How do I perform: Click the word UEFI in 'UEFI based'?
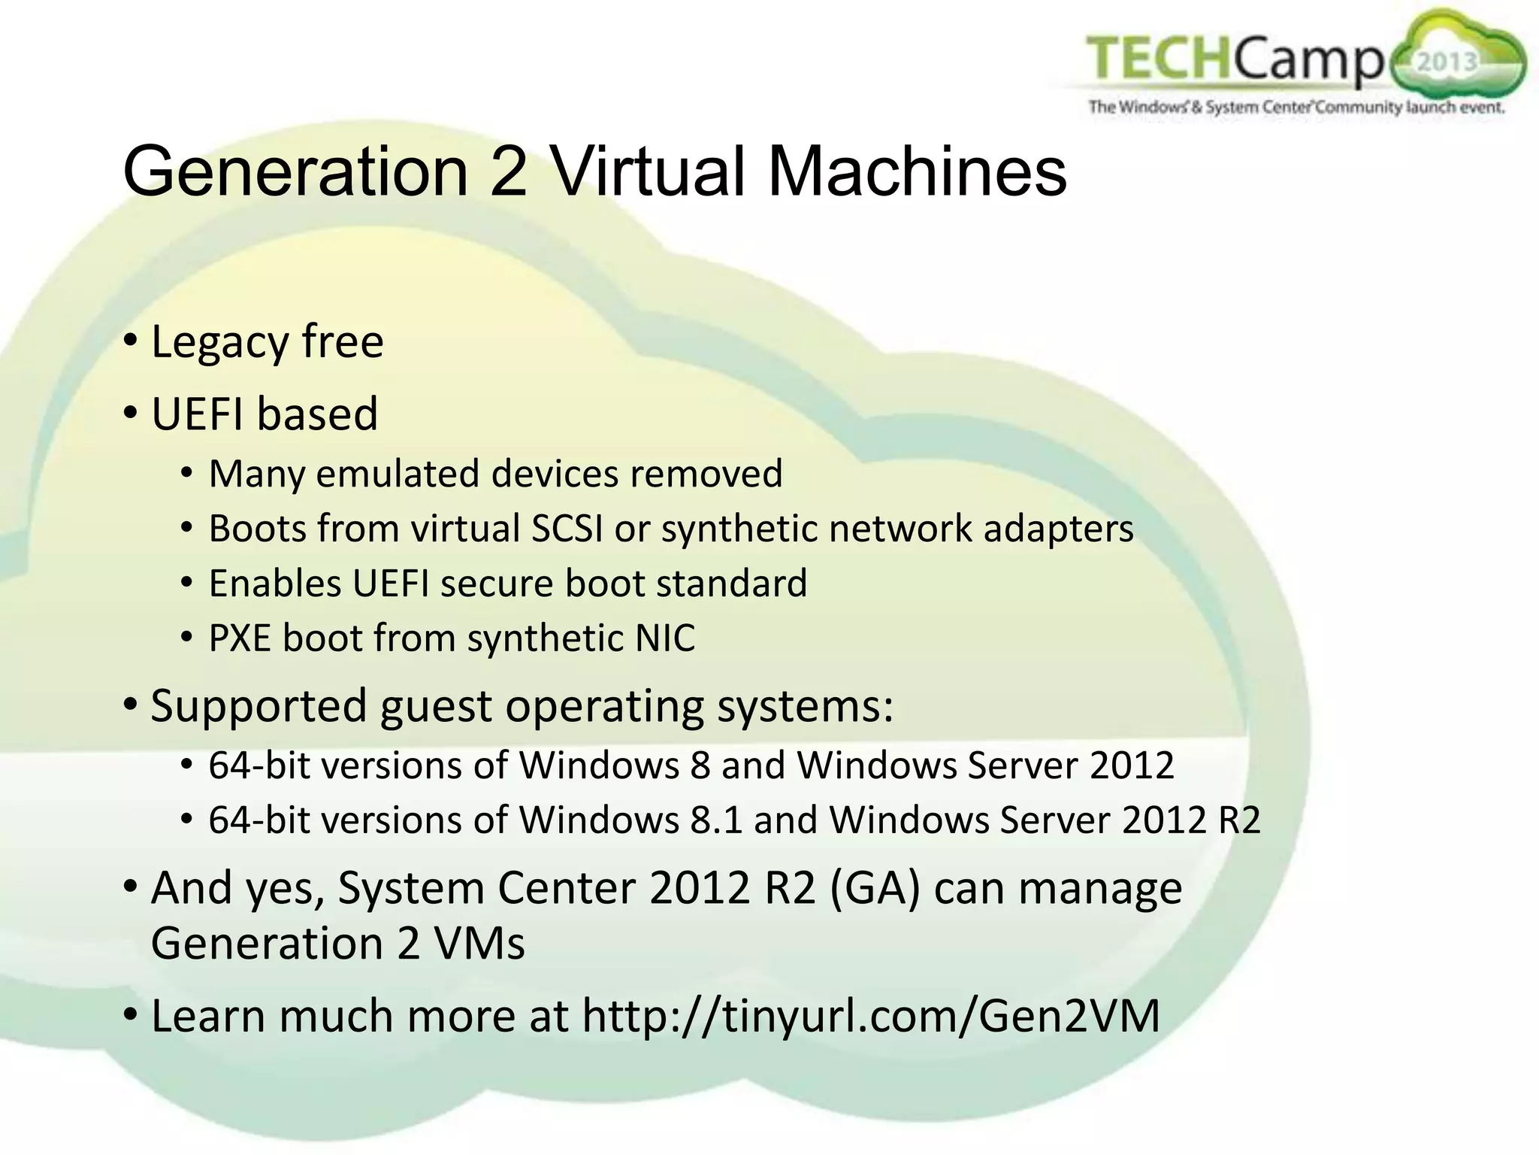point(197,414)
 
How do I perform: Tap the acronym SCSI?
point(567,529)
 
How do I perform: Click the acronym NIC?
point(665,638)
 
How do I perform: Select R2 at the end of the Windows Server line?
point(1238,820)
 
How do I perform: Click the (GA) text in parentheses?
point(875,888)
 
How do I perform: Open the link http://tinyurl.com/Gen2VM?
point(871,1017)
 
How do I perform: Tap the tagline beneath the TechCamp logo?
point(1296,107)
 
